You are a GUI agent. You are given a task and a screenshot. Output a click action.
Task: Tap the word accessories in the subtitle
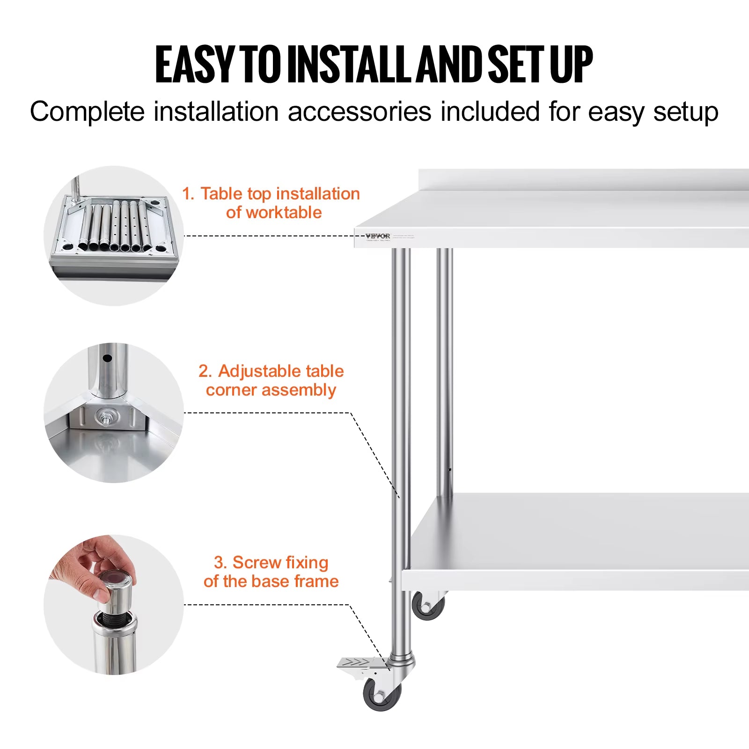[x=360, y=112]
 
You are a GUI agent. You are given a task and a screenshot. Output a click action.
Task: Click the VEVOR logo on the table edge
[x=377, y=236]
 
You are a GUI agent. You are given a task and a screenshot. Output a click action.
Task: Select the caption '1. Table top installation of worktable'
[x=272, y=203]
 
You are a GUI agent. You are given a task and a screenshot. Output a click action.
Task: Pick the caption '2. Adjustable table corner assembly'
[x=272, y=380]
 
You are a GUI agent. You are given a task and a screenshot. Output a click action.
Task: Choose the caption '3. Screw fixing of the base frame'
[x=271, y=572]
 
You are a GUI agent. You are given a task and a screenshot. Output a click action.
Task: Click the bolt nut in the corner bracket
[x=104, y=417]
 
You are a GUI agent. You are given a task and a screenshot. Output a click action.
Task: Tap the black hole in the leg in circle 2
[x=107, y=359]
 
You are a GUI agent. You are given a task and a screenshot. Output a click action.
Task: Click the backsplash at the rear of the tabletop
[x=585, y=180]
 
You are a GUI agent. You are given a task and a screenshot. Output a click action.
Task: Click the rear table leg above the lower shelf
[x=445, y=365]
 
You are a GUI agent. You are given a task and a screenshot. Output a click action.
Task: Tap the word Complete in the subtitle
[x=88, y=112]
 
